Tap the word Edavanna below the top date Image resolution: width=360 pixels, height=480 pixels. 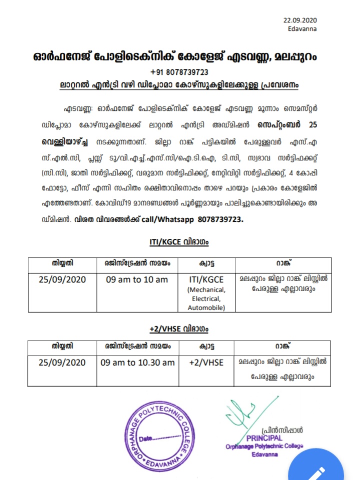[x=302, y=29]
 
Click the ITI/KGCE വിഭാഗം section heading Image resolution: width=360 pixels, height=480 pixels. [x=179, y=242]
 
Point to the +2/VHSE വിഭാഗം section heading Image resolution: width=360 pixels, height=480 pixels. [x=179, y=329]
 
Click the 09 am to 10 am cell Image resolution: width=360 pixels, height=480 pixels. [x=137, y=279]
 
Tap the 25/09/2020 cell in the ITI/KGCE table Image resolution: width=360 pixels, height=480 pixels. [x=62, y=279]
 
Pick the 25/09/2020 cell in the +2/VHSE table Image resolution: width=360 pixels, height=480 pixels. [x=62, y=362]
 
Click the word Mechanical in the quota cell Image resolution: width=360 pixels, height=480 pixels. [x=206, y=290]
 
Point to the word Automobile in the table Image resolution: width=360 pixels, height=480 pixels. [x=206, y=308]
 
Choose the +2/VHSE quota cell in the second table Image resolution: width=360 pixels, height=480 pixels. [x=206, y=362]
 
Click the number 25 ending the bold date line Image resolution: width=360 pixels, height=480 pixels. [x=313, y=123]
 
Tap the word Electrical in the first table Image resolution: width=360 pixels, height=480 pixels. [x=206, y=299]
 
